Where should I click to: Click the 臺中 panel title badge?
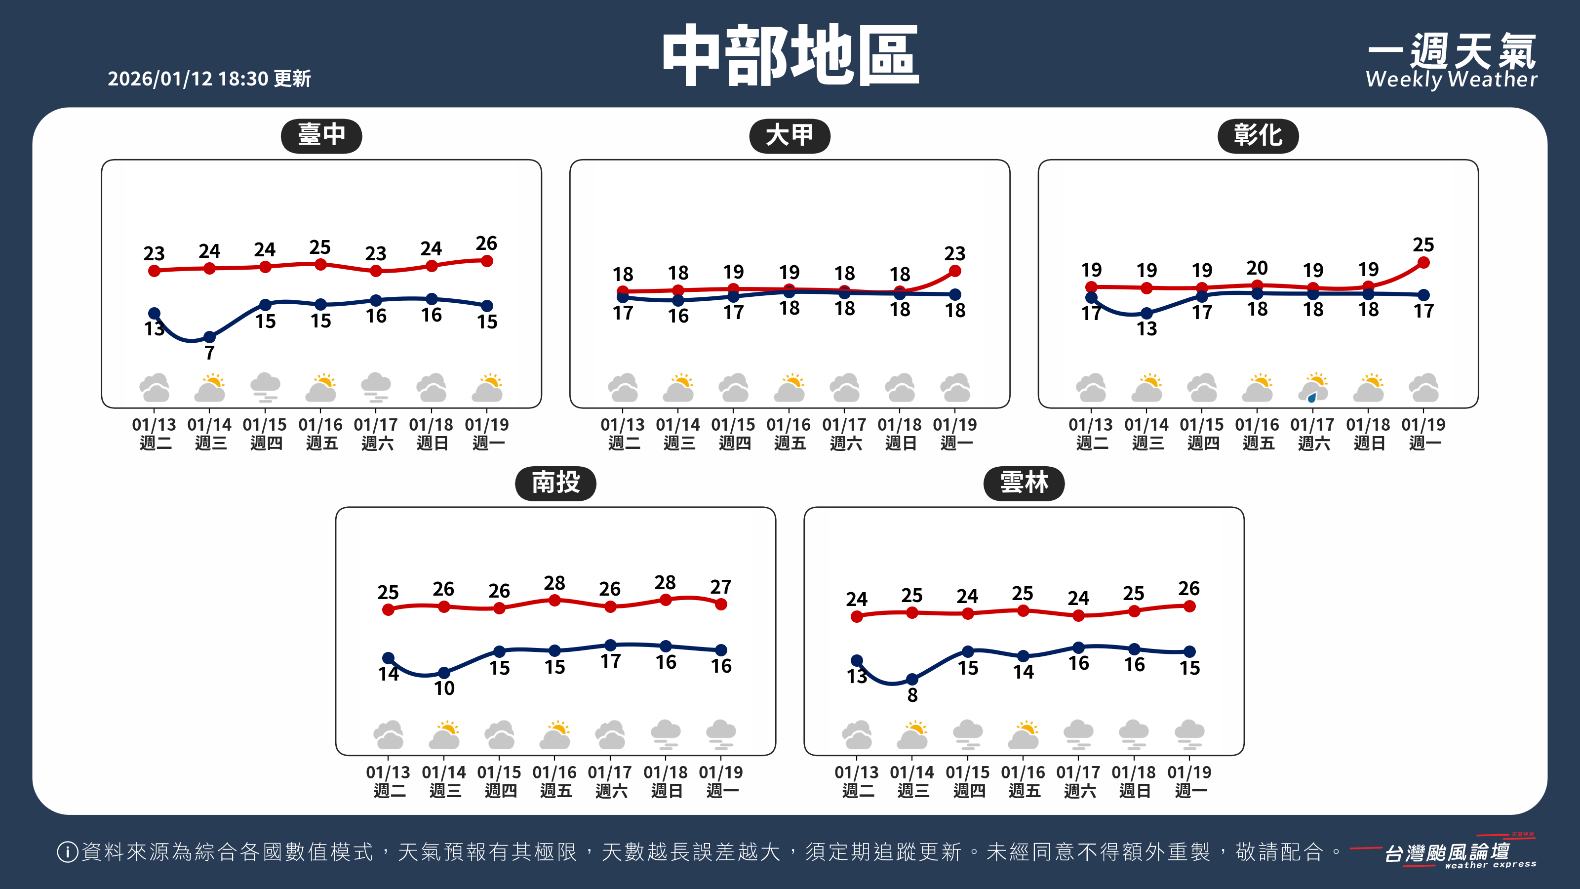(x=321, y=135)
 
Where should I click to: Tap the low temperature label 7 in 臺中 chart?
(x=210, y=353)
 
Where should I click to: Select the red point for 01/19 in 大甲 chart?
(x=955, y=271)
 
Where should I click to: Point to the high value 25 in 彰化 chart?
(x=1423, y=245)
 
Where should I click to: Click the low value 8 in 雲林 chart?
(x=912, y=695)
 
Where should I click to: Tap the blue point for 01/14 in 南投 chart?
(x=444, y=673)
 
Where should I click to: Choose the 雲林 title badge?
(x=1024, y=483)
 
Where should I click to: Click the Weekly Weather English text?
(x=1451, y=80)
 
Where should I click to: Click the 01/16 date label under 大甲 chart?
(x=789, y=425)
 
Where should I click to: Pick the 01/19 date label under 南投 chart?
(x=721, y=772)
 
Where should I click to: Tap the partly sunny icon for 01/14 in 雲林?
(x=912, y=734)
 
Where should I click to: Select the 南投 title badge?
(x=555, y=483)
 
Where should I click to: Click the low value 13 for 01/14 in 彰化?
(x=1146, y=329)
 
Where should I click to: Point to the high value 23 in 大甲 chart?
(x=955, y=253)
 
